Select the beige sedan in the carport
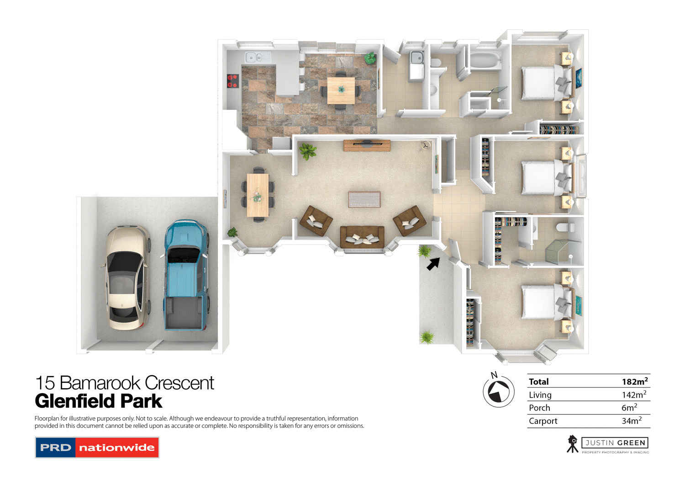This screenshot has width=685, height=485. pos(127,277)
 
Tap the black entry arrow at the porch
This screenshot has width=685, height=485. pos(433,264)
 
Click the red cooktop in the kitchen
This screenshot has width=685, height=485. pos(233,81)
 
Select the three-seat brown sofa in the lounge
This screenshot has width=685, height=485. pos(362,237)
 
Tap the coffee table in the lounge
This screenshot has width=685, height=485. pos(364,199)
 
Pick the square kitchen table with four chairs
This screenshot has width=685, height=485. pos(341,91)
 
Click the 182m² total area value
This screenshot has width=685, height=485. pos(634,382)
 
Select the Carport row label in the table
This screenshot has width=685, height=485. pos(543,421)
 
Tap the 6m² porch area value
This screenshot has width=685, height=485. pos(629,408)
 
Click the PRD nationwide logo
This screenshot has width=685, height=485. pos(97,448)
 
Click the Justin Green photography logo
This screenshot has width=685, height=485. pos(608,444)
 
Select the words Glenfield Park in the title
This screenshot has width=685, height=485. pos(98,401)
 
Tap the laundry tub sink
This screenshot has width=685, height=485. pos(416,59)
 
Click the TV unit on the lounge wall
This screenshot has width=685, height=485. pos(367,145)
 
